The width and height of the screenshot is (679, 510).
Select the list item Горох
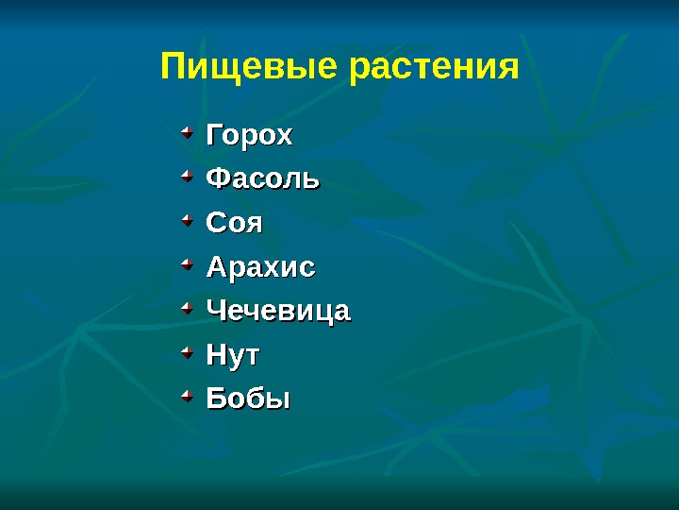(250, 136)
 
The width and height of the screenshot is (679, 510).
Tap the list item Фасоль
(263, 178)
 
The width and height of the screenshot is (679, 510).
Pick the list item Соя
(235, 224)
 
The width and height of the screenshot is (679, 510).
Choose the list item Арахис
(261, 267)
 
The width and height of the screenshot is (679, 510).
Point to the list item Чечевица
(278, 311)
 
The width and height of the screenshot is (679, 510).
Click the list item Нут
(233, 356)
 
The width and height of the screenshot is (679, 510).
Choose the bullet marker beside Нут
(187, 351)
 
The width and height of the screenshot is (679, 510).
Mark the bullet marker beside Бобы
(187, 394)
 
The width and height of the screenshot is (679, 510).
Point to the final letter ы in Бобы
(278, 400)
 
